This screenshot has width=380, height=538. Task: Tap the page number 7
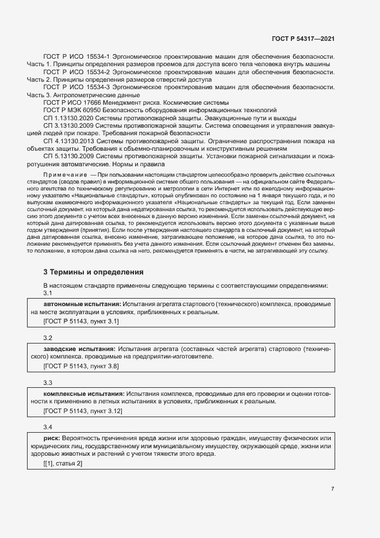pos(332,489)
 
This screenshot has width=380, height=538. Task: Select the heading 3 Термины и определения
pos(93,272)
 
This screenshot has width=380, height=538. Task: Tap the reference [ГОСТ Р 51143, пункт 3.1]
pos(81,320)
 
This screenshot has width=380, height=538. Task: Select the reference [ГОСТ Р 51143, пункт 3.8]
pos(81,365)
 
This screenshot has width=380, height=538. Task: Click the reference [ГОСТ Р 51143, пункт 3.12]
pos(83,410)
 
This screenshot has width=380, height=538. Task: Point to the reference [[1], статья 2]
pos(63,464)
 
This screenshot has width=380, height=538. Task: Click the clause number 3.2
pos(48,338)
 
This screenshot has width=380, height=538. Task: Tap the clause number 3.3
pos(48,383)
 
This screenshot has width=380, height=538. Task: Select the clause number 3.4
pos(48,428)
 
